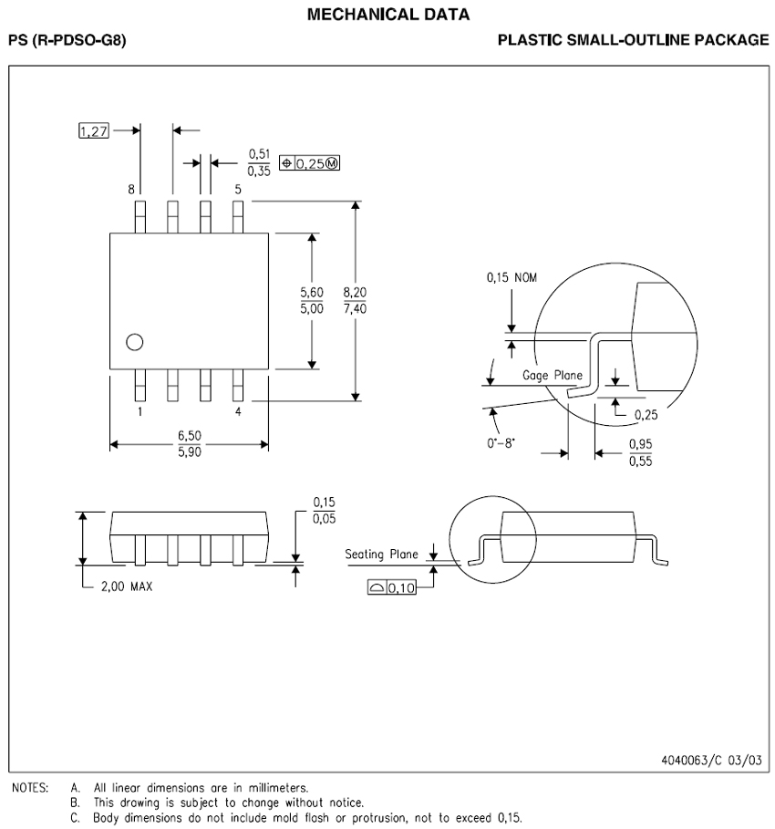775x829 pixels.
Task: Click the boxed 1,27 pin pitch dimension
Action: coord(94,131)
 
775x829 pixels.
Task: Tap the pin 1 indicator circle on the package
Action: coord(135,342)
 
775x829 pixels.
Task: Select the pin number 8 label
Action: coord(131,189)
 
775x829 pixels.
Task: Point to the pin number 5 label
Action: coord(238,189)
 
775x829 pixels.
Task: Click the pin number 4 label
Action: coord(238,412)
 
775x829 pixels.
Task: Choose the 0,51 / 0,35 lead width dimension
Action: coord(258,162)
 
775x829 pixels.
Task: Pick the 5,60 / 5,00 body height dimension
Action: coord(312,300)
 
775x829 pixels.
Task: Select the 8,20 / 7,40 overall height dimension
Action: coord(355,300)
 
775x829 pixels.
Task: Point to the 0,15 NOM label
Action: coord(511,278)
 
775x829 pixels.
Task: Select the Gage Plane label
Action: coord(553,375)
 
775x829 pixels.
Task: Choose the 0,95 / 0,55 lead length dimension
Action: coord(640,452)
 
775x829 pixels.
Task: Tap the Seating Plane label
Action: coord(381,554)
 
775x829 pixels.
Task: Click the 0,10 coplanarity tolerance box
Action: coord(392,588)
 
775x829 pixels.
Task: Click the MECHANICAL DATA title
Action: coord(388,14)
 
